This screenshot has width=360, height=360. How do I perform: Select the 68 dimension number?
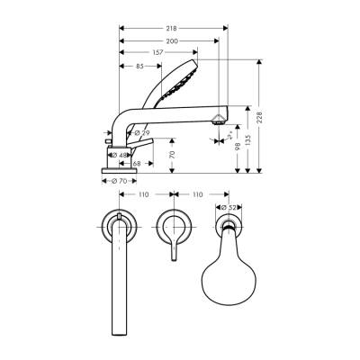tap(136, 163)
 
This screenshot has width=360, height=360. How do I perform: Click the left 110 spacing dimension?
tap(144, 194)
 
